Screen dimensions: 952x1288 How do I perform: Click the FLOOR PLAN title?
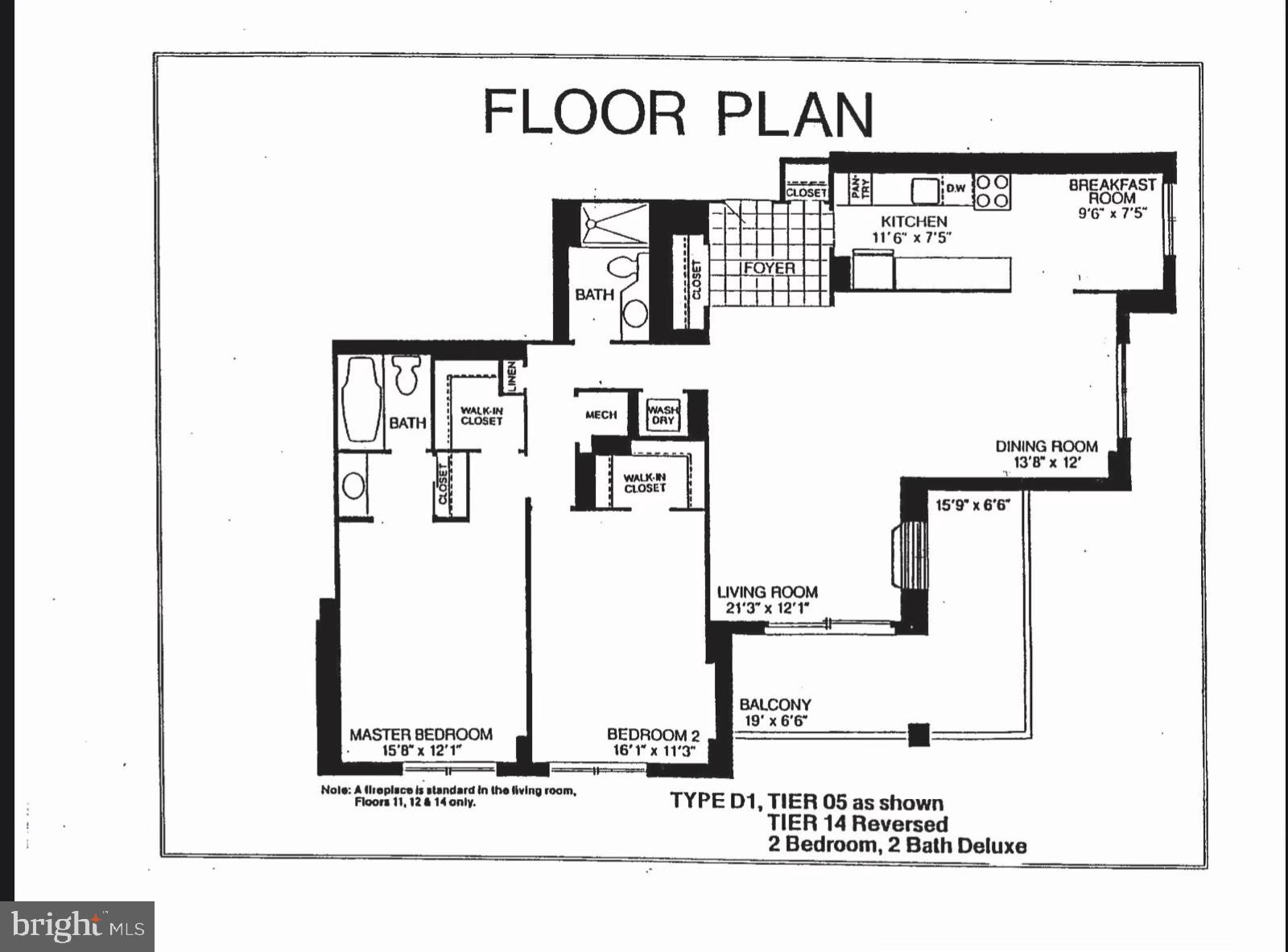click(x=678, y=113)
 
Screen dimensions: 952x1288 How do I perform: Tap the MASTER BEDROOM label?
click(x=420, y=734)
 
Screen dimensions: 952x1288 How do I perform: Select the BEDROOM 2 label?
click(x=653, y=734)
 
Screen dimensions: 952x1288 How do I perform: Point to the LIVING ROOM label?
click(x=767, y=593)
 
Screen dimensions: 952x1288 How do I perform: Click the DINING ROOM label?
click(x=1046, y=447)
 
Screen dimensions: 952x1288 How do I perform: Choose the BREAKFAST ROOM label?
click(x=1112, y=191)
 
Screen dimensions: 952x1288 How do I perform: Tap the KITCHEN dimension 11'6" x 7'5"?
click(x=912, y=237)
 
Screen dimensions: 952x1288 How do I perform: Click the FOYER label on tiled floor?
click(x=770, y=268)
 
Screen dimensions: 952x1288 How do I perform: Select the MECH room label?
click(x=601, y=414)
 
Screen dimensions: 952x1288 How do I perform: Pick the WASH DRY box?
click(x=663, y=414)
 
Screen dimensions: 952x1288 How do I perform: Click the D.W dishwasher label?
click(x=956, y=188)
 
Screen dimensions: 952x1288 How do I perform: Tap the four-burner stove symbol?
click(x=992, y=192)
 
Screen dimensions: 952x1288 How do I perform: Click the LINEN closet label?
click(x=511, y=377)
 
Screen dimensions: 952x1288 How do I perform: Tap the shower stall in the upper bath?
click(x=613, y=224)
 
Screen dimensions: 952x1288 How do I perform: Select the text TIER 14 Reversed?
click(x=857, y=823)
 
